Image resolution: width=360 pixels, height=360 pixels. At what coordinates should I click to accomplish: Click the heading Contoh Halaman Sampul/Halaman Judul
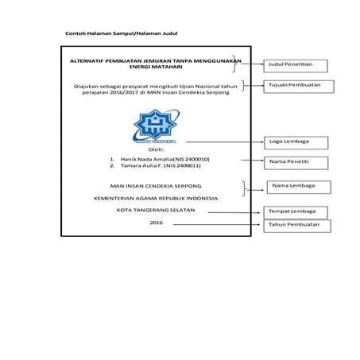point(121,35)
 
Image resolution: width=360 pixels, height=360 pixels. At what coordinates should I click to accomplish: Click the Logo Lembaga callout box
point(296,141)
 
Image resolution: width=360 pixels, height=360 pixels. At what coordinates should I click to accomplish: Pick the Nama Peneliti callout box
point(296,163)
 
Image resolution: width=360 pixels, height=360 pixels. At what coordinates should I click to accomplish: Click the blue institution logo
point(157,126)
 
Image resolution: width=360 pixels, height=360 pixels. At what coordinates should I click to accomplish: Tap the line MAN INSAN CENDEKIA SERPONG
point(156,184)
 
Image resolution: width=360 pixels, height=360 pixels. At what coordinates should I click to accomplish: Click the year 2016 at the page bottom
point(156,223)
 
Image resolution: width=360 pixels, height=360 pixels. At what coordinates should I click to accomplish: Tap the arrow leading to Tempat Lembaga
point(238,212)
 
